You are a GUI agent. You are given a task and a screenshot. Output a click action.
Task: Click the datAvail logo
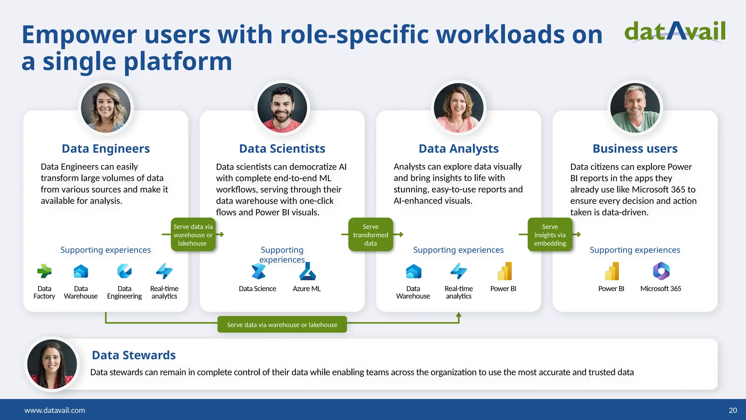coord(675,32)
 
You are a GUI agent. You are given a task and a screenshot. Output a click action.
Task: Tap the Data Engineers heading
coord(106,149)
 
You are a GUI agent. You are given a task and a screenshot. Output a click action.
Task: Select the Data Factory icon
coord(44,271)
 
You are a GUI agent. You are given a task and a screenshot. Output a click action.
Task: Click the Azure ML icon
coord(307,272)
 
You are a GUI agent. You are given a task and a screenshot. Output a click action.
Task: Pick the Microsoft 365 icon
coord(661,271)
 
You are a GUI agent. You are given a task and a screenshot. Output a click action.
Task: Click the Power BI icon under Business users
coord(612,271)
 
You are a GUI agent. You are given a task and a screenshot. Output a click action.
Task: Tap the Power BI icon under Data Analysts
coord(504,271)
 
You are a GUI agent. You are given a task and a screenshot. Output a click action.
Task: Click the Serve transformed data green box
coord(370,235)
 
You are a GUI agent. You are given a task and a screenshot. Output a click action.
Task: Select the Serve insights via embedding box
coord(550,235)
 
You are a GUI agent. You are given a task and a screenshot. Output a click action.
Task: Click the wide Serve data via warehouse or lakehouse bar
coord(282,324)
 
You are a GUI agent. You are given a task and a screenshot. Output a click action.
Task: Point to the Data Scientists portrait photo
coord(282,108)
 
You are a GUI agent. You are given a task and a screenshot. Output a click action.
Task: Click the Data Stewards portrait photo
coord(52,364)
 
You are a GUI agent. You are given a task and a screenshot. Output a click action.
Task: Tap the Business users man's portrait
coord(635,108)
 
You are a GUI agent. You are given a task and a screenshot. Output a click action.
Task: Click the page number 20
coord(733,410)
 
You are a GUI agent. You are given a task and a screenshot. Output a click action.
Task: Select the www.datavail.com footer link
coord(55,410)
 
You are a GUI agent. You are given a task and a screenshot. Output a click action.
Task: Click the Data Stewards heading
coord(134,355)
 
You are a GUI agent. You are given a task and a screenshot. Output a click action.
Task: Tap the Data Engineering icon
coord(125,271)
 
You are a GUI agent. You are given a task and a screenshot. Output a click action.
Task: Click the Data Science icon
coord(258,272)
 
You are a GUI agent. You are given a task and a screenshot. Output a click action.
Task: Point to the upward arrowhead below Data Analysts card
coord(459,315)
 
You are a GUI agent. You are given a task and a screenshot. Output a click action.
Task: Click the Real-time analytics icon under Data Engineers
coord(164,271)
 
